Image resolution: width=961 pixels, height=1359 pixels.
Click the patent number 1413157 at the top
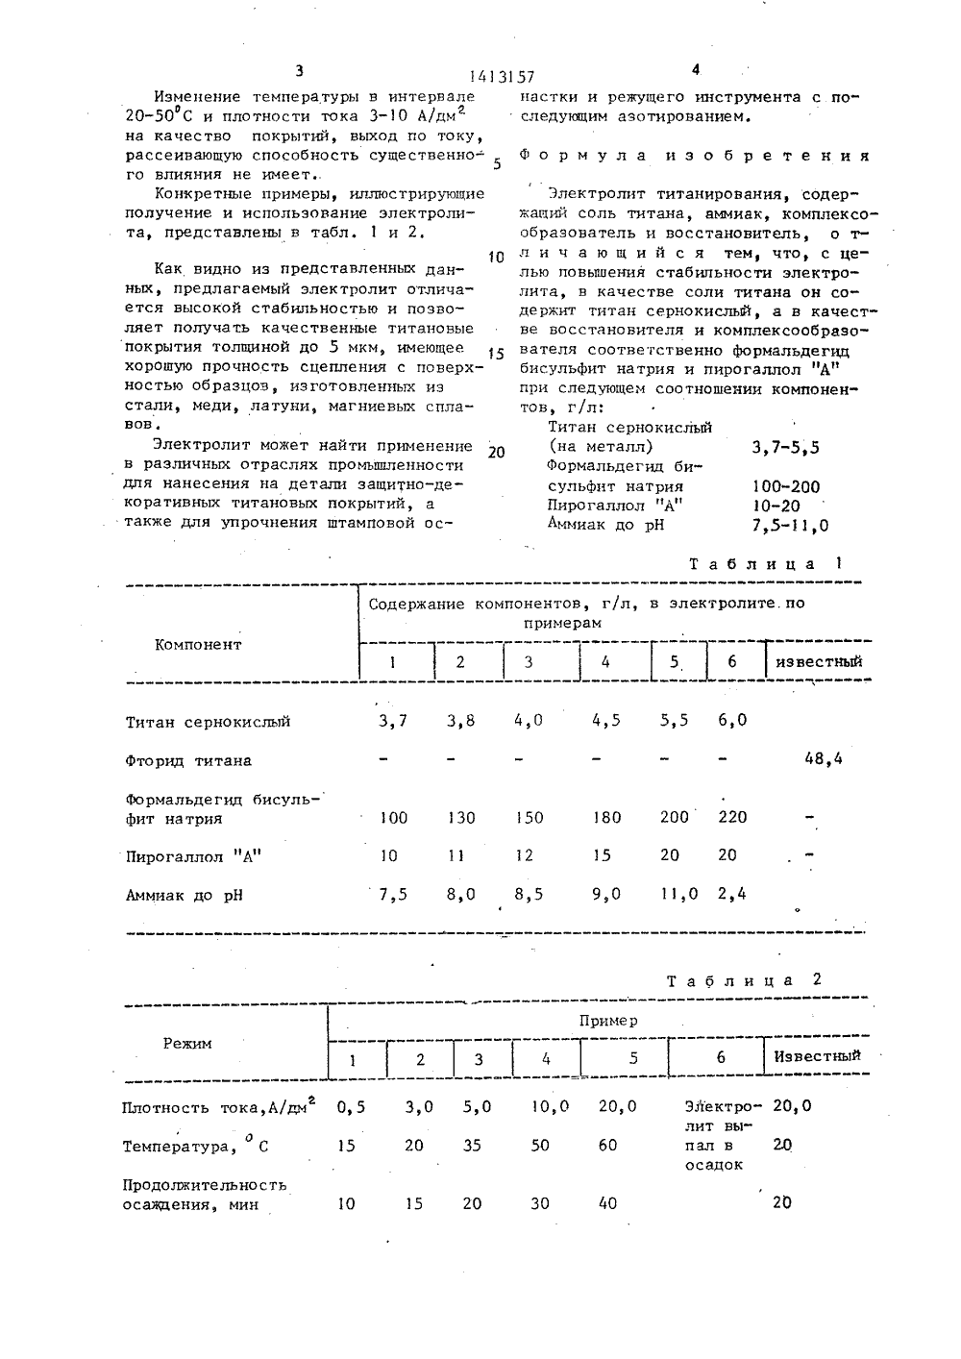pos(502,78)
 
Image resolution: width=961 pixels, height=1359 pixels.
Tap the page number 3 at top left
pos(299,70)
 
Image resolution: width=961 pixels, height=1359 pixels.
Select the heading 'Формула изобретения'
pos(695,156)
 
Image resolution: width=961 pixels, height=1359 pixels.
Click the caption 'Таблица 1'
pos(766,564)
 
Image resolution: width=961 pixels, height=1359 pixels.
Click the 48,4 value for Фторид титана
pos(823,759)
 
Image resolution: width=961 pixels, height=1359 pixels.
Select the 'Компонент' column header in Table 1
pos(198,645)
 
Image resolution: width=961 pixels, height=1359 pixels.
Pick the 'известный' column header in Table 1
pos(819,661)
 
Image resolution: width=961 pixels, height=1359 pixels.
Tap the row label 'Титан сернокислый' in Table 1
pos(208,722)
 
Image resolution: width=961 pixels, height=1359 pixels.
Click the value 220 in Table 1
pos(731,817)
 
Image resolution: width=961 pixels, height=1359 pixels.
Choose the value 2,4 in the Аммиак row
pos(731,894)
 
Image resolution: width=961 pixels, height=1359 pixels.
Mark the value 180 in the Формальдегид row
pos(605,818)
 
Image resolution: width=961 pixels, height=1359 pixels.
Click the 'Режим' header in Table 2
pos(187,1043)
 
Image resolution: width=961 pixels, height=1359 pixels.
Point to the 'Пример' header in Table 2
pos(607,1021)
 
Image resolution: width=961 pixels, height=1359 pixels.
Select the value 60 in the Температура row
pos(607,1146)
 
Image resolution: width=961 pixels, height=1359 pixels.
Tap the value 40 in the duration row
pos(607,1203)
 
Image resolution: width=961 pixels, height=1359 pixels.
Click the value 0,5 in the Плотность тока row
pos(351,1107)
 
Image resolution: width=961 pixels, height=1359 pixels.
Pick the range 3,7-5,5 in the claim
pos(786,447)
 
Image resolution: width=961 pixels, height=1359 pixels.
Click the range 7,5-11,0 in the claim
pos(791,526)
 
